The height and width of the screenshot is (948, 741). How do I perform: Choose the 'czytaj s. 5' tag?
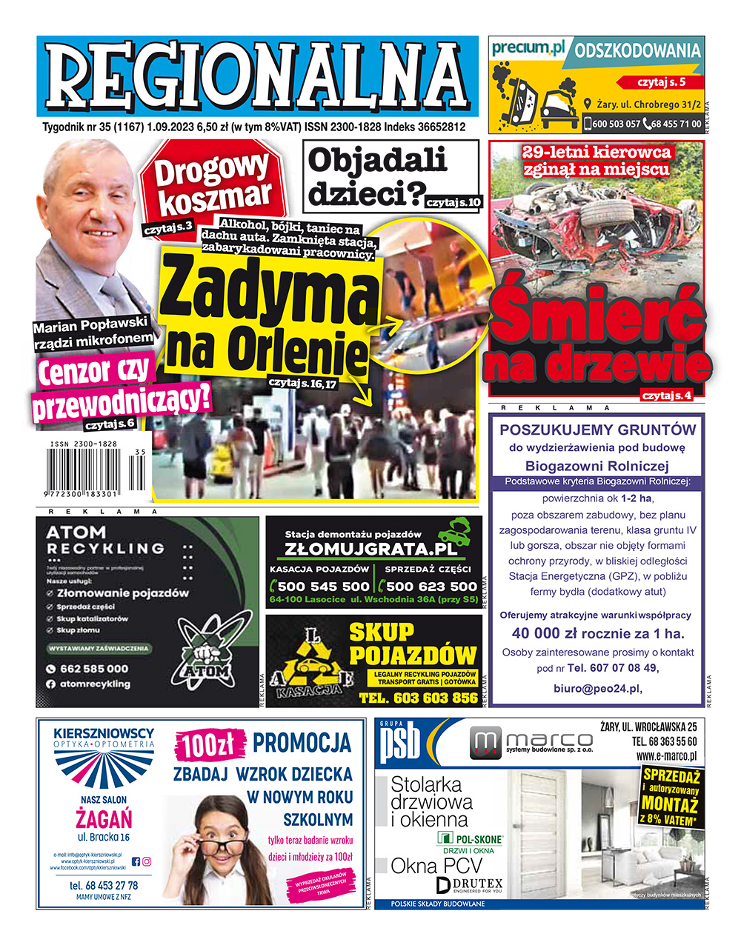coord(656,82)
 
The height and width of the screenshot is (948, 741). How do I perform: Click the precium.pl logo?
coord(528,48)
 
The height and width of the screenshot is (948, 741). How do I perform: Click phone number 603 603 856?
coord(418,698)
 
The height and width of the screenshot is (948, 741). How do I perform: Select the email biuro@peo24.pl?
coord(597,688)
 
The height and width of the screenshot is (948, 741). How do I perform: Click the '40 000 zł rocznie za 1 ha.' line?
coord(597,633)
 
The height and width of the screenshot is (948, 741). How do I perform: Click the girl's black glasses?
coord(222,843)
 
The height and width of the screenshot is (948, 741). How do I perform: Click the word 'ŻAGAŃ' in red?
coord(104,819)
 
